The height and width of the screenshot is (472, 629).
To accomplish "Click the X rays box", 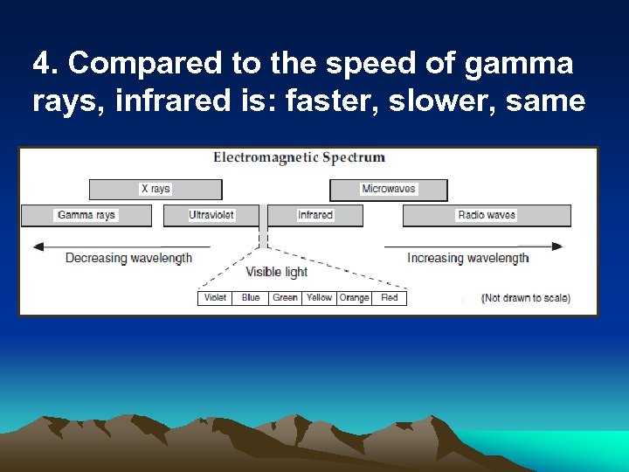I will (156, 189).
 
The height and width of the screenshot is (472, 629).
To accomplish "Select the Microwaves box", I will (388, 189).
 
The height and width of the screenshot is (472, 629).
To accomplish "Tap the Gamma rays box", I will (86, 215).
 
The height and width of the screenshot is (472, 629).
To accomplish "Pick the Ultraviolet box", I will (211, 215).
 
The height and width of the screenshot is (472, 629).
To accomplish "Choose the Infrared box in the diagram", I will (314, 215).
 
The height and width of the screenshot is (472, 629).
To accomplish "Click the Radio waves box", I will (487, 215).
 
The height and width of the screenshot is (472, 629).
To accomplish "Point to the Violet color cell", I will (215, 298).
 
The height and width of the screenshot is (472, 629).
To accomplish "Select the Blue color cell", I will (251, 298).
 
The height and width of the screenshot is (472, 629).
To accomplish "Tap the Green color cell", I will (285, 298).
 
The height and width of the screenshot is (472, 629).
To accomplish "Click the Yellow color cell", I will (319, 298).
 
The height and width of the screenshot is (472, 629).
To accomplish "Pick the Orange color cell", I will (354, 298).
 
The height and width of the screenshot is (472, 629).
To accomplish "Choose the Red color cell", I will (390, 298).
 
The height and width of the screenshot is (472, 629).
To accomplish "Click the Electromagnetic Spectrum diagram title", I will (300, 158).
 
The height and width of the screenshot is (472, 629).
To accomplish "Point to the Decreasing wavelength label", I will (128, 258).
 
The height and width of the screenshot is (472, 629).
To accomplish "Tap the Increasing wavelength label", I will (467, 258).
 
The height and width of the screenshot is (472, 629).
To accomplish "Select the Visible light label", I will (277, 272).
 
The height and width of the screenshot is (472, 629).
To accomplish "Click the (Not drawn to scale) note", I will (525, 298).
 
